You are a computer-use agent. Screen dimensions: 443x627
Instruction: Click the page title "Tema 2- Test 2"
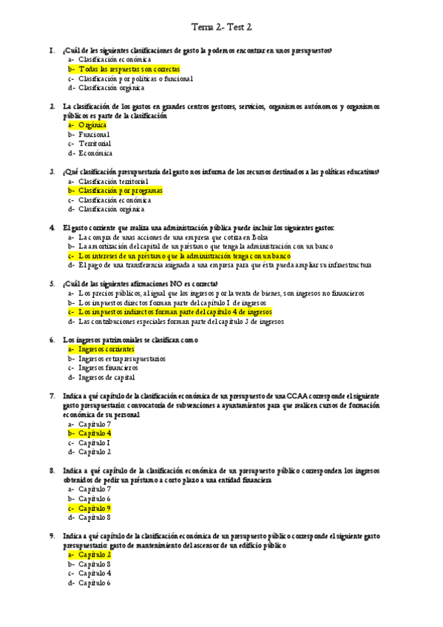(222, 27)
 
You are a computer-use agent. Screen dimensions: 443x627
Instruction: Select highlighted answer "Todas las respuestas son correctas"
(129, 69)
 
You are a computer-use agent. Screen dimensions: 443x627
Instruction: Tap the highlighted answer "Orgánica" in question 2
(92, 125)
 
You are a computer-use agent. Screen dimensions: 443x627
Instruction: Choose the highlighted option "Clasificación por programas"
(120, 191)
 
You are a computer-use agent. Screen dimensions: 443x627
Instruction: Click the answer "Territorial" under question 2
(95, 143)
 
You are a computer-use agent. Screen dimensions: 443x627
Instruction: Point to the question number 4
(52, 228)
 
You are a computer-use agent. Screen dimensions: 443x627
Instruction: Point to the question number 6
(52, 340)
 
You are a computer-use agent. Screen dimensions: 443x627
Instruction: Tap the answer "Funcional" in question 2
(94, 135)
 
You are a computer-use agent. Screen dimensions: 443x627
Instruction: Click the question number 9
(52, 535)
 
